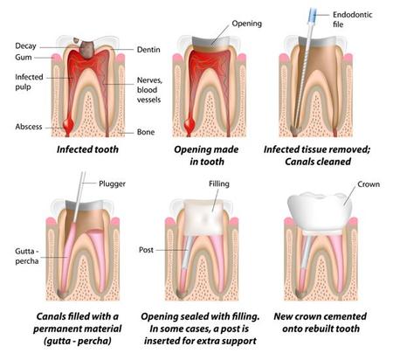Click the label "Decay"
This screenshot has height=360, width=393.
[x=25, y=46]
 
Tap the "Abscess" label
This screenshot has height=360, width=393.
[x=29, y=127]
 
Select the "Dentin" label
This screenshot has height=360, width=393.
[x=148, y=50]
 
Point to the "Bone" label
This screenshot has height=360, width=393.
[x=146, y=132]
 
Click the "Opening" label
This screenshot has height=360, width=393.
[x=246, y=24]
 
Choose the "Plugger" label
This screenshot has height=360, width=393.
[x=112, y=184]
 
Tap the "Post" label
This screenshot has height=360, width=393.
[x=146, y=250]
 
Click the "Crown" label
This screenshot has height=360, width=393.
[x=369, y=184]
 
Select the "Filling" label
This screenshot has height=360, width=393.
[x=219, y=184]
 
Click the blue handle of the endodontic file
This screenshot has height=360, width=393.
[x=312, y=13]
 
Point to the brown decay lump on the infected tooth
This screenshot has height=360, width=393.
[x=86, y=49]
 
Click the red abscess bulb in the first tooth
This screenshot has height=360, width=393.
[x=68, y=124]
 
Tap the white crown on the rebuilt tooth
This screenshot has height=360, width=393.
[x=320, y=211]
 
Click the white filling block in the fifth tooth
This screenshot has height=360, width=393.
[x=203, y=217]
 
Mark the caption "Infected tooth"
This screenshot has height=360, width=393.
[x=87, y=149]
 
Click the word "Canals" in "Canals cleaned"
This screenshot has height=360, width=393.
[x=301, y=162]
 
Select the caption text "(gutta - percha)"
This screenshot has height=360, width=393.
[x=77, y=341]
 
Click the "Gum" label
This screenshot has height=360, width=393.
[x=24, y=58]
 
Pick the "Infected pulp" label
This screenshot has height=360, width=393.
[x=29, y=82]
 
